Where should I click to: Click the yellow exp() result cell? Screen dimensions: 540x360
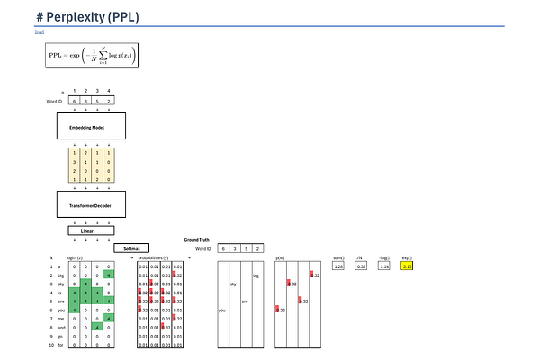pyautogui.click(x=408, y=266)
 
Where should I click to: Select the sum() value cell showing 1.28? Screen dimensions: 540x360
pyautogui.click(x=338, y=266)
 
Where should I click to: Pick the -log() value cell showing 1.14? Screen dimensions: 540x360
pyautogui.click(x=384, y=266)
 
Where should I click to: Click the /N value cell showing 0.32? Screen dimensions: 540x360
pyautogui.click(x=362, y=266)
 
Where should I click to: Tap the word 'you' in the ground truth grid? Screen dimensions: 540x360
pyautogui.click(x=222, y=310)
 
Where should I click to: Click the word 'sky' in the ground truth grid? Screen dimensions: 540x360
pyautogui.click(x=233, y=283)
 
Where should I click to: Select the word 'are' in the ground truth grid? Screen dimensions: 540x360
pyautogui.click(x=245, y=301)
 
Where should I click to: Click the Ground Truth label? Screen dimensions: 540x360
pyautogui.click(x=198, y=240)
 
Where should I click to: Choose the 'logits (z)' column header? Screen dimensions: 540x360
pyautogui.click(x=76, y=257)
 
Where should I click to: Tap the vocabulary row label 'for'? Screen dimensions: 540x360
pyautogui.click(x=60, y=344)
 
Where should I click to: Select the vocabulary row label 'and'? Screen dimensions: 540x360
pyautogui.click(x=60, y=327)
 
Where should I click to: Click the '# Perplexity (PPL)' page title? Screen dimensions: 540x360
pyautogui.click(x=88, y=17)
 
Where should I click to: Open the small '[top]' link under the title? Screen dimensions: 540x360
pyautogui.click(x=39, y=31)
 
